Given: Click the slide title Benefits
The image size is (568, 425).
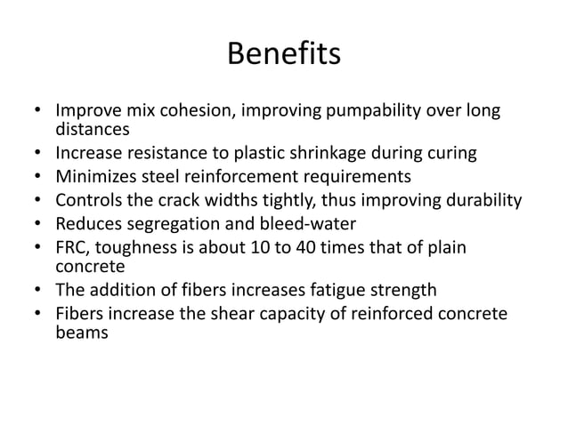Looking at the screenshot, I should pos(284,55).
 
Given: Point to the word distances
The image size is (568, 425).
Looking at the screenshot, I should pos(87,131).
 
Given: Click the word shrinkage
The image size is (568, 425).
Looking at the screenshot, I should pos(345,153).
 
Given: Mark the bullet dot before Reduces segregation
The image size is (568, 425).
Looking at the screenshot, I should pos(37,221).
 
